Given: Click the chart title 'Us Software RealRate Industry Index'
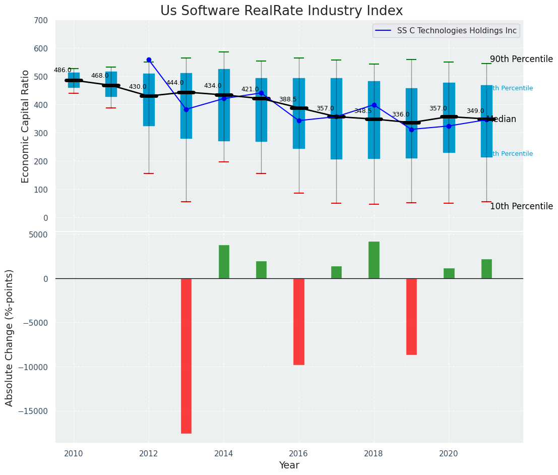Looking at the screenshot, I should [281, 11].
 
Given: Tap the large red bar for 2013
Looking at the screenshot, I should [186, 355].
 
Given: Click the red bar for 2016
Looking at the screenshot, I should [299, 321].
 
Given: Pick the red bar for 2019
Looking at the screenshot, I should [411, 316].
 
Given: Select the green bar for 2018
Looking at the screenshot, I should [374, 260].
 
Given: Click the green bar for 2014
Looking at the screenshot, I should [224, 262].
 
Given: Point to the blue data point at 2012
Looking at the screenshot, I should [149, 60].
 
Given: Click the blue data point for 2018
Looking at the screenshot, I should [374, 105].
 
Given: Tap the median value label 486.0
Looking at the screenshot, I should [63, 71].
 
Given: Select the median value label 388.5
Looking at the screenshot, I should [288, 100].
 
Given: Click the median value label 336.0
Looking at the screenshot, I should [401, 115].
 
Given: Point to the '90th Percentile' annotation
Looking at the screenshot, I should [521, 59].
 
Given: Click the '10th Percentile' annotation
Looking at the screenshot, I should [521, 206].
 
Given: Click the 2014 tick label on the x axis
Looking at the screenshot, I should [224, 453].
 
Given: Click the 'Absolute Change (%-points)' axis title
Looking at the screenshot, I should [10, 337].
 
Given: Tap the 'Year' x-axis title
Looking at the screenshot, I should [289, 465].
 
